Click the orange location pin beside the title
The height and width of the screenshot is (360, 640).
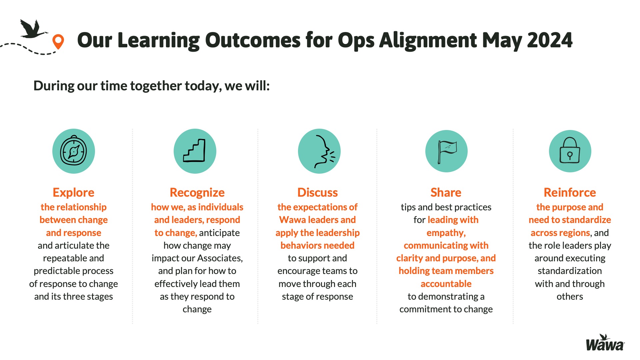pyautogui.click(x=58, y=41)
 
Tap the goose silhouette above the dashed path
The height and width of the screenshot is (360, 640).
pyautogui.click(x=33, y=29)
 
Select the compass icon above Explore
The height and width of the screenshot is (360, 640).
pyautogui.click(x=73, y=151)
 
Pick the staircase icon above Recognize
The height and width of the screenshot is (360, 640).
pyautogui.click(x=195, y=151)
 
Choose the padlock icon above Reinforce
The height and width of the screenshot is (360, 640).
pyautogui.click(x=570, y=151)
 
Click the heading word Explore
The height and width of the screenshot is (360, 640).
pyautogui.click(x=73, y=193)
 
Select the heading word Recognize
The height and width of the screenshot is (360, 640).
pyautogui.click(x=197, y=193)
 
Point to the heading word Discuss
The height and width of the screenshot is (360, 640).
pyautogui.click(x=317, y=193)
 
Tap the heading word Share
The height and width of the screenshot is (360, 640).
pyautogui.click(x=446, y=193)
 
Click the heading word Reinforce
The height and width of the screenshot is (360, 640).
pyautogui.click(x=570, y=193)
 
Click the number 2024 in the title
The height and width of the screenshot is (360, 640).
pyautogui.click(x=550, y=40)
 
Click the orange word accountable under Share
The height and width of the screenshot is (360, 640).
pyautogui.click(x=446, y=284)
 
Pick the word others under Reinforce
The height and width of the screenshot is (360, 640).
pyautogui.click(x=570, y=296)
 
